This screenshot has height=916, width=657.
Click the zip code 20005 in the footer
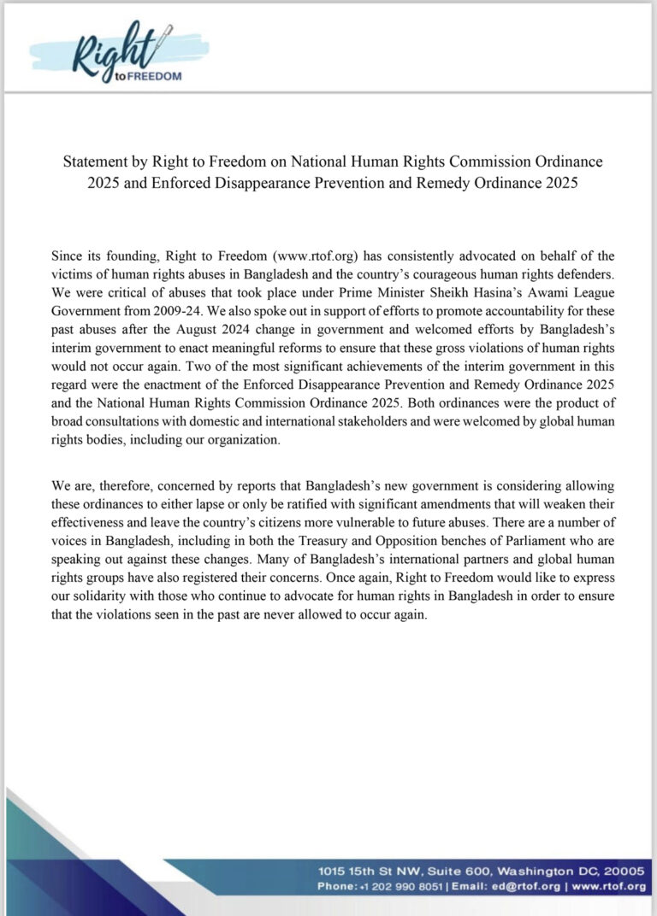pos(624,872)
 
